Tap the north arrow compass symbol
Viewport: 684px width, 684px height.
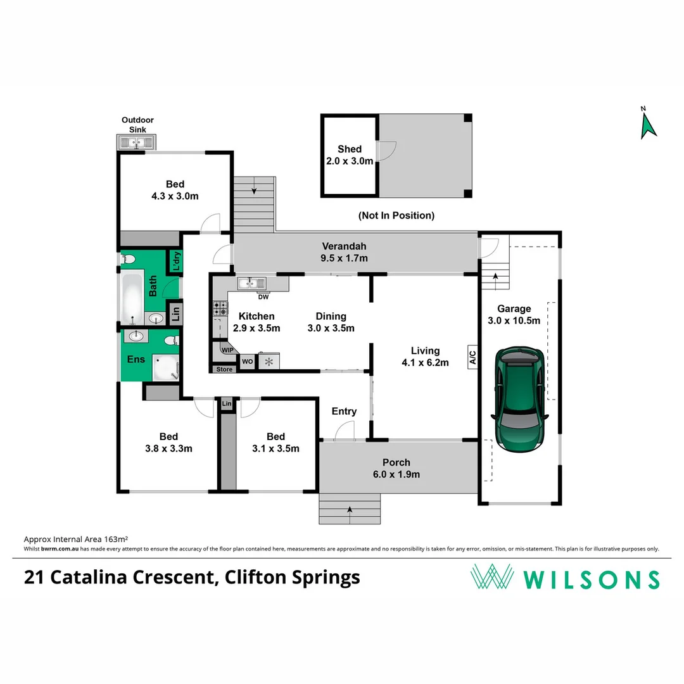click(647, 123)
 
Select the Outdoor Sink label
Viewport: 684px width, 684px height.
click(137, 125)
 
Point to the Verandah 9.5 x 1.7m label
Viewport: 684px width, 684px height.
click(345, 252)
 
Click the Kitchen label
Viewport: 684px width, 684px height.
click(256, 322)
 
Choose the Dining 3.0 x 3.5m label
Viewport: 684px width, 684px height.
click(331, 322)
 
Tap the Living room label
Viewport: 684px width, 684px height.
click(425, 357)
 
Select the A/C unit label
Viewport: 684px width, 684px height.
click(472, 357)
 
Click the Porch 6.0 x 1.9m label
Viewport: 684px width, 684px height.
click(396, 468)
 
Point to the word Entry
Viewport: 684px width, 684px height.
click(344, 412)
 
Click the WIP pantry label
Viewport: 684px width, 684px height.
click(227, 349)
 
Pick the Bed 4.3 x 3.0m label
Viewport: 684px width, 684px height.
click(175, 190)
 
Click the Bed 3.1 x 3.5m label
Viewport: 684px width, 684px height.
click(275, 442)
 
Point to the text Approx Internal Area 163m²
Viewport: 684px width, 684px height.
click(72, 539)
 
